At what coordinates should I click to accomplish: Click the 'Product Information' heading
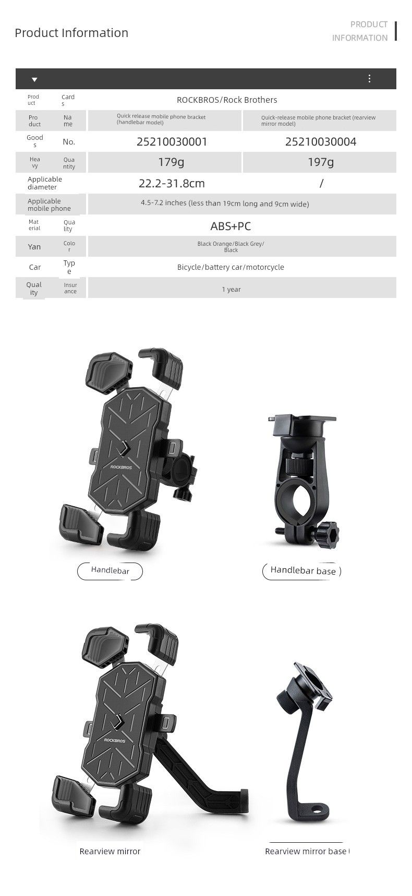[71, 33]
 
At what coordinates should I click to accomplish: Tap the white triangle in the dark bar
[34, 79]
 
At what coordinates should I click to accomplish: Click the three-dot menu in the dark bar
[369, 78]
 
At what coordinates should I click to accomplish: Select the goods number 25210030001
[172, 141]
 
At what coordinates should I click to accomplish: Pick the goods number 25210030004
[321, 141]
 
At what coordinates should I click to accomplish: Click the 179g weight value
[171, 162]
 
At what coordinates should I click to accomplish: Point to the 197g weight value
[320, 162]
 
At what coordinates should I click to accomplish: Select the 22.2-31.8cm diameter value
[172, 183]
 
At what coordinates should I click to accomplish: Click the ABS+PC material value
[231, 226]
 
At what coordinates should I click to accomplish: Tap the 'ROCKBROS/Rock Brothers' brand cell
[227, 100]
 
